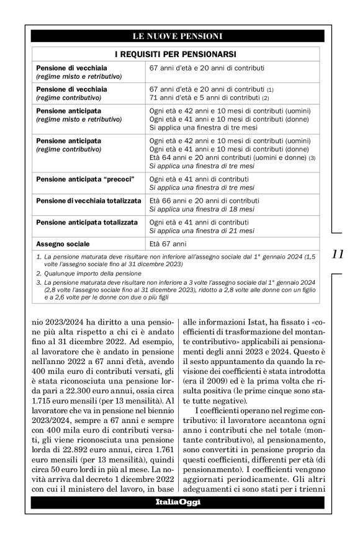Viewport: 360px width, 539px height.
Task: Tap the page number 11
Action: (x=338, y=253)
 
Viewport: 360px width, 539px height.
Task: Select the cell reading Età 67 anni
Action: (x=168, y=243)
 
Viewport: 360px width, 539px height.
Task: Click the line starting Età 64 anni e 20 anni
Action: (x=228, y=158)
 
